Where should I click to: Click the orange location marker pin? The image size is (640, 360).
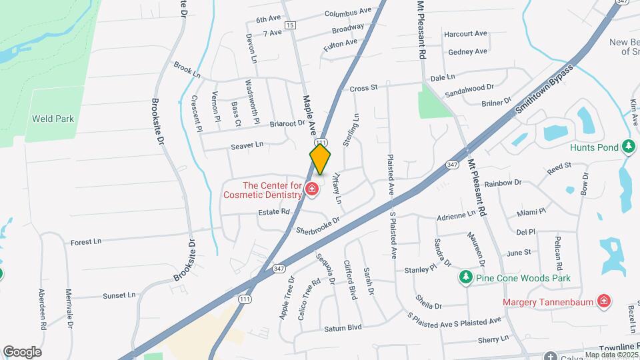point(320,159)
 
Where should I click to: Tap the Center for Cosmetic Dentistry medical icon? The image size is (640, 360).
point(311,190)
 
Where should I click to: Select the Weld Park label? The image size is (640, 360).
point(53,119)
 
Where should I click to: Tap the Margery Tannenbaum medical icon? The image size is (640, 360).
point(604,301)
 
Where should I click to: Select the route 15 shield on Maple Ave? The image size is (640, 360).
point(289,25)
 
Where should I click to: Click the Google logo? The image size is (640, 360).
point(22,351)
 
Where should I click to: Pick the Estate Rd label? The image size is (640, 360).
point(274,212)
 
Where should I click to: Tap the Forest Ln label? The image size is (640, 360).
point(85,242)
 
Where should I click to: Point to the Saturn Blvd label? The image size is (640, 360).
point(343,327)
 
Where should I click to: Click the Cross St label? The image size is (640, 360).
point(364,87)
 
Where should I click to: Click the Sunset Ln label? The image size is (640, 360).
point(119,295)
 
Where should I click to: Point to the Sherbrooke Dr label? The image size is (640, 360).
point(318,225)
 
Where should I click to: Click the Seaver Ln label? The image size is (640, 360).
point(247,144)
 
